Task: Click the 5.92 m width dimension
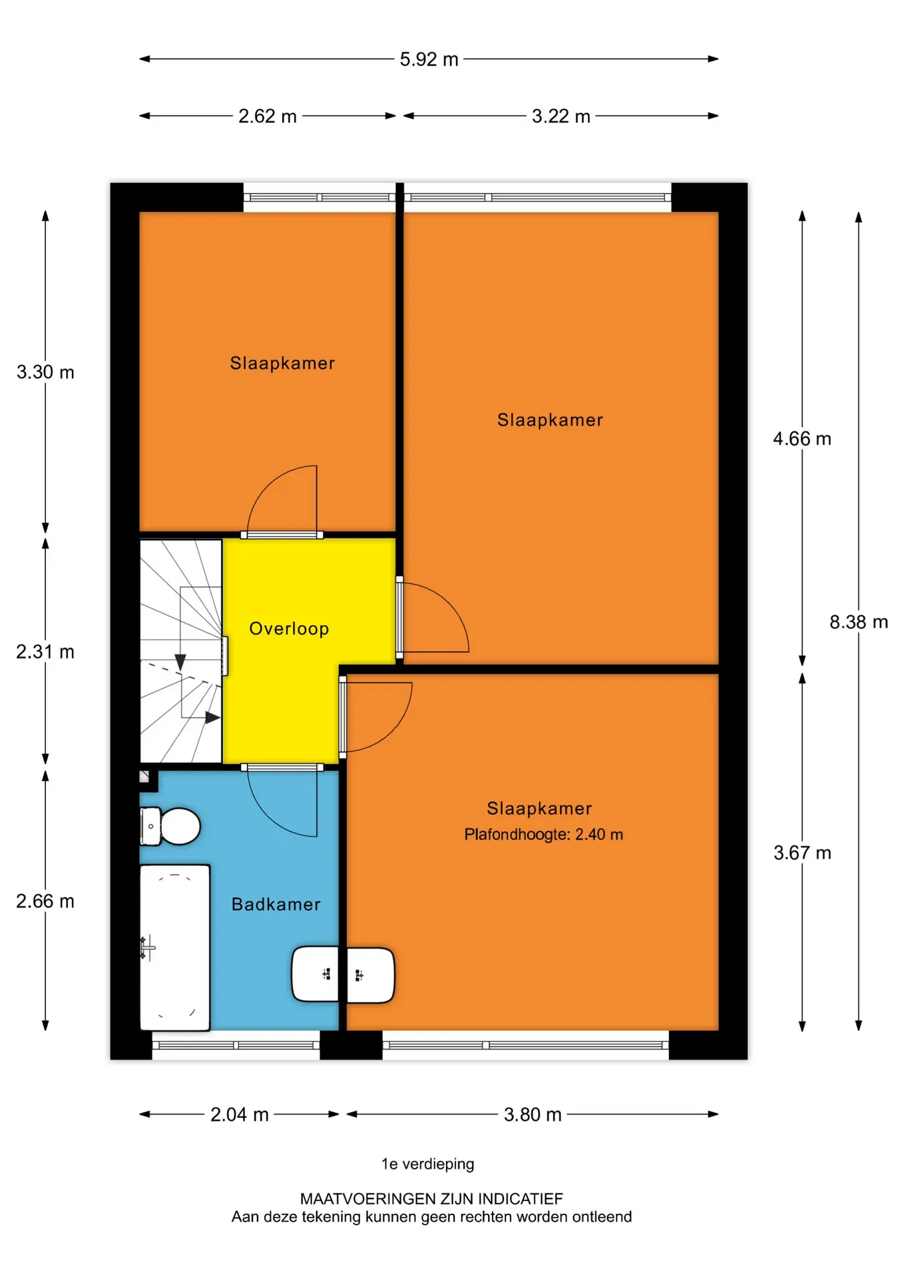(429, 59)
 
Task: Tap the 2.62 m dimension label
(268, 116)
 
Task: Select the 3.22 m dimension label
(561, 116)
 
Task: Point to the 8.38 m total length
(859, 623)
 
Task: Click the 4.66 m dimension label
(802, 439)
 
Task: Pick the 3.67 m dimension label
(802, 853)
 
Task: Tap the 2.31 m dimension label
(45, 652)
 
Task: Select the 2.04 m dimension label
(240, 1115)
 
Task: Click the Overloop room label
(289, 629)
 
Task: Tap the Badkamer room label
(276, 905)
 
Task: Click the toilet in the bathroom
(170, 826)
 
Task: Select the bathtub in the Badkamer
(175, 947)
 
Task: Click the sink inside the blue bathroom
(315, 974)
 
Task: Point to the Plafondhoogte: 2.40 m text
(544, 835)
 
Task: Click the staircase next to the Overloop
(180, 651)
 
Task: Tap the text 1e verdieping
(428, 1164)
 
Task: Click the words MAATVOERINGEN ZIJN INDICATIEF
(431, 1199)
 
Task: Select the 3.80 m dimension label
(533, 1115)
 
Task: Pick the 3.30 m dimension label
(45, 372)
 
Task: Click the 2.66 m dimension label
(45, 901)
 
